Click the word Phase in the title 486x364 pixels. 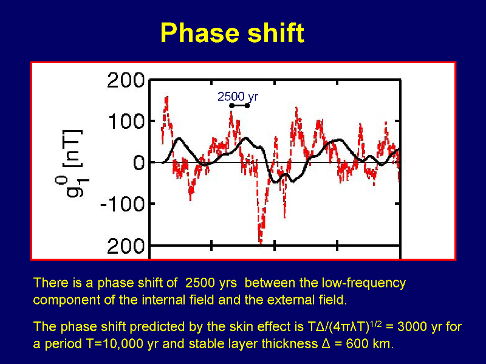tap(200, 33)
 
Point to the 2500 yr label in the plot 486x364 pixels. tap(238, 97)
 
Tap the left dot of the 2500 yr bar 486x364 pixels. tap(231, 106)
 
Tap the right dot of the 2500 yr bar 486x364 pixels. tap(247, 106)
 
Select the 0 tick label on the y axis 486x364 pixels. tap(139, 162)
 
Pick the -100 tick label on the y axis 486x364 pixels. tap(123, 204)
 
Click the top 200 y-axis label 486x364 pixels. tap(126, 80)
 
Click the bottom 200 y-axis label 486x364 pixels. tap(126, 247)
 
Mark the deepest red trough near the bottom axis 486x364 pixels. tap(261, 242)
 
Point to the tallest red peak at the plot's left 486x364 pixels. tap(166, 98)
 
